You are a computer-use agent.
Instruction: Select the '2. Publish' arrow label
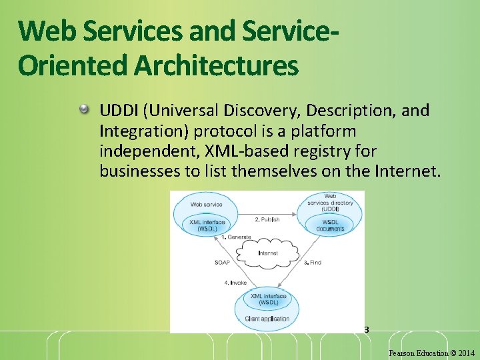(x=267, y=219)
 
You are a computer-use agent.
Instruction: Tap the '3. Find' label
(x=313, y=263)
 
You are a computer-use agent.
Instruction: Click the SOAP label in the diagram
(x=222, y=263)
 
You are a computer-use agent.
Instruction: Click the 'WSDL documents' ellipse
(x=331, y=225)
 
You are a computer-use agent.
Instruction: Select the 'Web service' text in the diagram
(x=207, y=205)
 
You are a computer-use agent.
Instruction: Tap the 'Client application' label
(x=267, y=319)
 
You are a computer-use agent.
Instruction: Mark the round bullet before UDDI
(x=85, y=109)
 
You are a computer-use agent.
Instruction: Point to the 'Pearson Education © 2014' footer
(x=431, y=353)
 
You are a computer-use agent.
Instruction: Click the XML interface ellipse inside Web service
(x=207, y=225)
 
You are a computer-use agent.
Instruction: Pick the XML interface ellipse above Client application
(x=268, y=299)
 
